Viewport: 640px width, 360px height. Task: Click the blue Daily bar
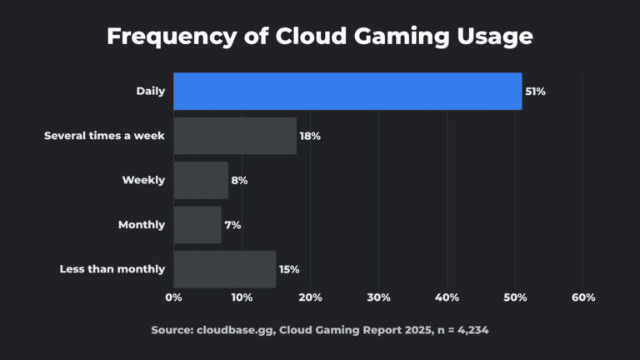(347, 91)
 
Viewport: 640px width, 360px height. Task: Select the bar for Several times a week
(235, 136)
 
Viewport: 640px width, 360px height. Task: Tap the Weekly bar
(201, 180)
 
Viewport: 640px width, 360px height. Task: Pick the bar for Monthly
(197, 225)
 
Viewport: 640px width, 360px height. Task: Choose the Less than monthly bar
(225, 269)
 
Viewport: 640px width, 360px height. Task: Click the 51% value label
(535, 92)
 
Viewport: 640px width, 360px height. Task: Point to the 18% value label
(310, 136)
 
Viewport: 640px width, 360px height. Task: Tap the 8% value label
(239, 180)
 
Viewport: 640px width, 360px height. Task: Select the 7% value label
(232, 225)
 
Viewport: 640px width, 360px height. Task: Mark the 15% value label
(289, 269)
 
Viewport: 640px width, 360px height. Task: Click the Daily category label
(151, 91)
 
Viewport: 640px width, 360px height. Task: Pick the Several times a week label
(104, 136)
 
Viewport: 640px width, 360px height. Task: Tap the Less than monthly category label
(112, 269)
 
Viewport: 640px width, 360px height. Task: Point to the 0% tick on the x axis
(173, 297)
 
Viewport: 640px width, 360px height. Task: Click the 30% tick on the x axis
(378, 297)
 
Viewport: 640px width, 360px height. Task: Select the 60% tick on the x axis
(583, 297)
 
